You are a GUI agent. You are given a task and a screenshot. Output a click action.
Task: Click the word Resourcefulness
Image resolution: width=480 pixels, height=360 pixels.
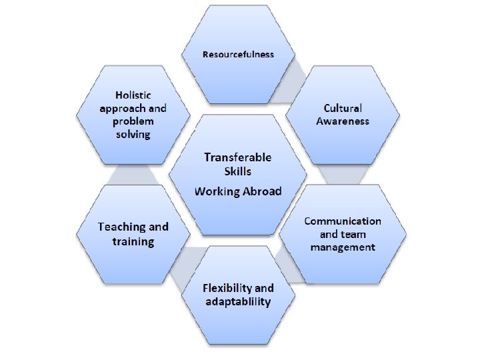(238, 54)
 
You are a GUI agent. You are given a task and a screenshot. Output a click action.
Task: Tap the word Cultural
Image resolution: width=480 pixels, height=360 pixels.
(343, 108)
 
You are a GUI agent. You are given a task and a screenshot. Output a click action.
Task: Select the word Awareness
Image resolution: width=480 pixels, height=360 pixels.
(343, 121)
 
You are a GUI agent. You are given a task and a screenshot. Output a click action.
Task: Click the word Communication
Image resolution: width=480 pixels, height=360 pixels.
(343, 221)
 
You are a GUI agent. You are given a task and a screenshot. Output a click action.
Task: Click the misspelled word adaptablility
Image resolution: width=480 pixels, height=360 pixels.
(238, 302)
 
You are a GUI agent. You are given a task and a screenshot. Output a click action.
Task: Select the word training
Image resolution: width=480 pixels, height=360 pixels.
(133, 241)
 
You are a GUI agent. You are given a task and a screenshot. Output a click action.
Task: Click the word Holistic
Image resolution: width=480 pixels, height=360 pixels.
(132, 95)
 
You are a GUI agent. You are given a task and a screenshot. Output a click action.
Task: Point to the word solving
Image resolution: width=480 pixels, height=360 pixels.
(132, 135)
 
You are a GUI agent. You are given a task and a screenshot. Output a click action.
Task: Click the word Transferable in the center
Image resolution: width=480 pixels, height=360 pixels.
(238, 157)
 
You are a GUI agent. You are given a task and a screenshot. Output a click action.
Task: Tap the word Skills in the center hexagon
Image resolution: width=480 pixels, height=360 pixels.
(238, 171)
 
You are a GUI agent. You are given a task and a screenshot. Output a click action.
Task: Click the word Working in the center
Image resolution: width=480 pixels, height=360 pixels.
(213, 191)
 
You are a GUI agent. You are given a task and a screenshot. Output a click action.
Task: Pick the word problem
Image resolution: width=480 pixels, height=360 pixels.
(132, 121)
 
